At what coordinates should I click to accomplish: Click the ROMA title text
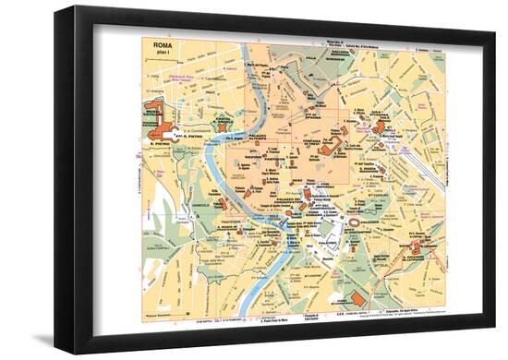click(x=162, y=44)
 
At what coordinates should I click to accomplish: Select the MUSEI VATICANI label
click(x=151, y=114)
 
